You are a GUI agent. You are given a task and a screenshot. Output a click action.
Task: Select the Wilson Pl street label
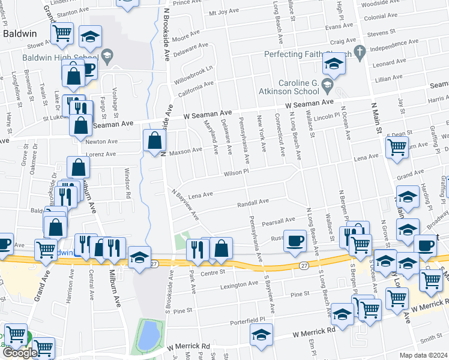click(236, 172)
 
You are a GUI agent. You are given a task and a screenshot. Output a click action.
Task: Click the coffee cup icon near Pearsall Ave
click(294, 239)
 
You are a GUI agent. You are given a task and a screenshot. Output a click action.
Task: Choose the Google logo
click(19, 353)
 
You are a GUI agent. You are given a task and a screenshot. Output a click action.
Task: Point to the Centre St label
click(212, 272)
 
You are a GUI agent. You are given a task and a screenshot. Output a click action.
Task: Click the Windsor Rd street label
click(127, 184)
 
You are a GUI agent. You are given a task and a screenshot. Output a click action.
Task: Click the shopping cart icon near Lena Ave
click(397, 146)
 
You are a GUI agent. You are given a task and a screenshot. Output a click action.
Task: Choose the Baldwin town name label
click(21, 34)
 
